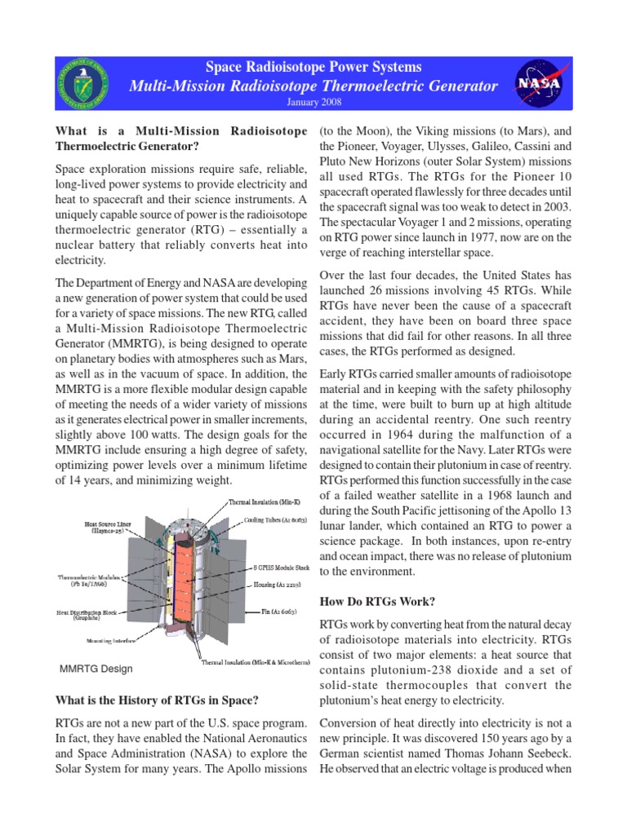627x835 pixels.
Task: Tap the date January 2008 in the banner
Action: (x=313, y=103)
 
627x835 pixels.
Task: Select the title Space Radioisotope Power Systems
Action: (x=313, y=67)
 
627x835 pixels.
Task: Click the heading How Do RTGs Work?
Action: (x=376, y=602)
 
